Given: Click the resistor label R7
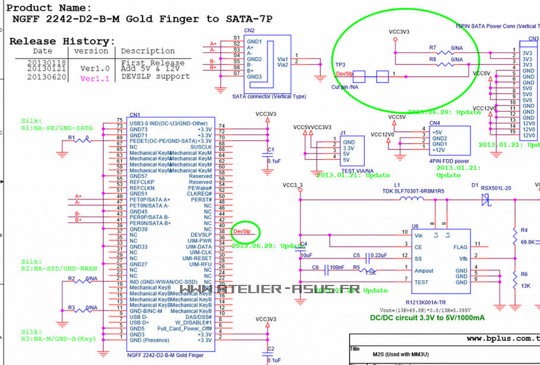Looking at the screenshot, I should [x=432, y=47].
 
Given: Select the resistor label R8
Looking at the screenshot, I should [x=432, y=59].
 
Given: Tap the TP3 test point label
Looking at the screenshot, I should [x=340, y=64].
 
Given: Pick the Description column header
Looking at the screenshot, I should [x=148, y=51].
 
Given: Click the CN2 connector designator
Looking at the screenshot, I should [x=250, y=30].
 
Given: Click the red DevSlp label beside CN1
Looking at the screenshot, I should [x=242, y=230].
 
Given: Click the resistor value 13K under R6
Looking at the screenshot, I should [x=526, y=285].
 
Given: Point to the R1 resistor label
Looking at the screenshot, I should [x=71, y=137].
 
